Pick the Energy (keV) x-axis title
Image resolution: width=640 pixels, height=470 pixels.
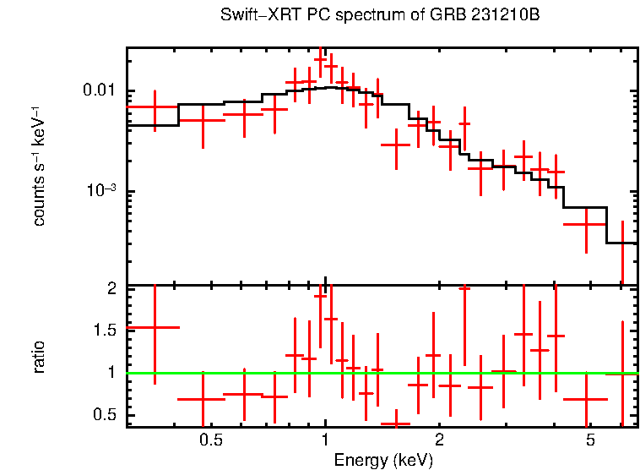coord(382,460)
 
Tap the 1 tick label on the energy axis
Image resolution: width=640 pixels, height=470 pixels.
coord(325,440)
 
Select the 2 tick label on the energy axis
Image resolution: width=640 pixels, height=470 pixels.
coord(439,440)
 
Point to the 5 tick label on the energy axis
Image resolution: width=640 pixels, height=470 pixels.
coord(590,440)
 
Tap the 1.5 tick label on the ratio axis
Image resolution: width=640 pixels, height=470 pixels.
coord(104,331)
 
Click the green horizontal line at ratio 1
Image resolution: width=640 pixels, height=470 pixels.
coord(507,373)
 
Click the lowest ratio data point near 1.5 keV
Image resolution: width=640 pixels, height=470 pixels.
coord(395,424)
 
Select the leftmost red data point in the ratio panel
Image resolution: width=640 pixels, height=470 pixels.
coord(153,327)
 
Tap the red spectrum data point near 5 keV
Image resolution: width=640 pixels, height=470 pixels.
coord(585,224)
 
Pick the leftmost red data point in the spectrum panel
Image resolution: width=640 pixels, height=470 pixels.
coord(153,107)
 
